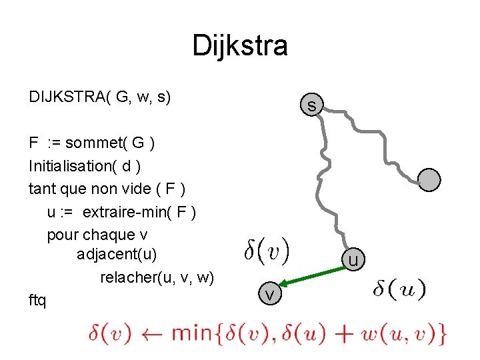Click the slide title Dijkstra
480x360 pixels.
point(240,46)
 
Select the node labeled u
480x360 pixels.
point(353,259)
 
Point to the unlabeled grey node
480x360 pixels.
point(430,179)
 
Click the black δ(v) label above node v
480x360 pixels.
point(266,251)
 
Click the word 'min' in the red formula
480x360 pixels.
point(192,333)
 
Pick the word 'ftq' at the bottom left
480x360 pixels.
point(38,301)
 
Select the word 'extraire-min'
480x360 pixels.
point(127,212)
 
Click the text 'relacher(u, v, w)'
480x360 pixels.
point(157,277)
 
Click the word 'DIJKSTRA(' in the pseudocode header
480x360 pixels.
point(70,97)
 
